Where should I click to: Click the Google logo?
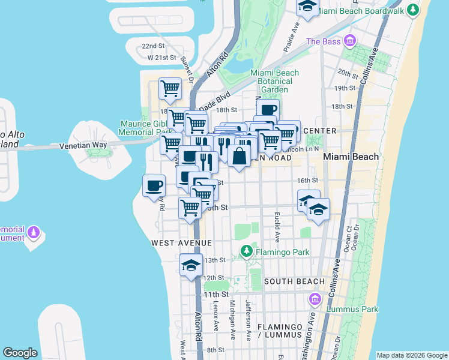20,353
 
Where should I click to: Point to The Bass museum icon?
349,41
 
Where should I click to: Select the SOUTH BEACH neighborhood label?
294,281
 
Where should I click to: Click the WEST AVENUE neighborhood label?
181,243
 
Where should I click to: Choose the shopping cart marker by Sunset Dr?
170,89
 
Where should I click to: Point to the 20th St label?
347,72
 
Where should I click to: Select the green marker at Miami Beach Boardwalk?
412,10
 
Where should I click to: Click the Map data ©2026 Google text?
411,355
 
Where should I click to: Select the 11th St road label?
216,295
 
